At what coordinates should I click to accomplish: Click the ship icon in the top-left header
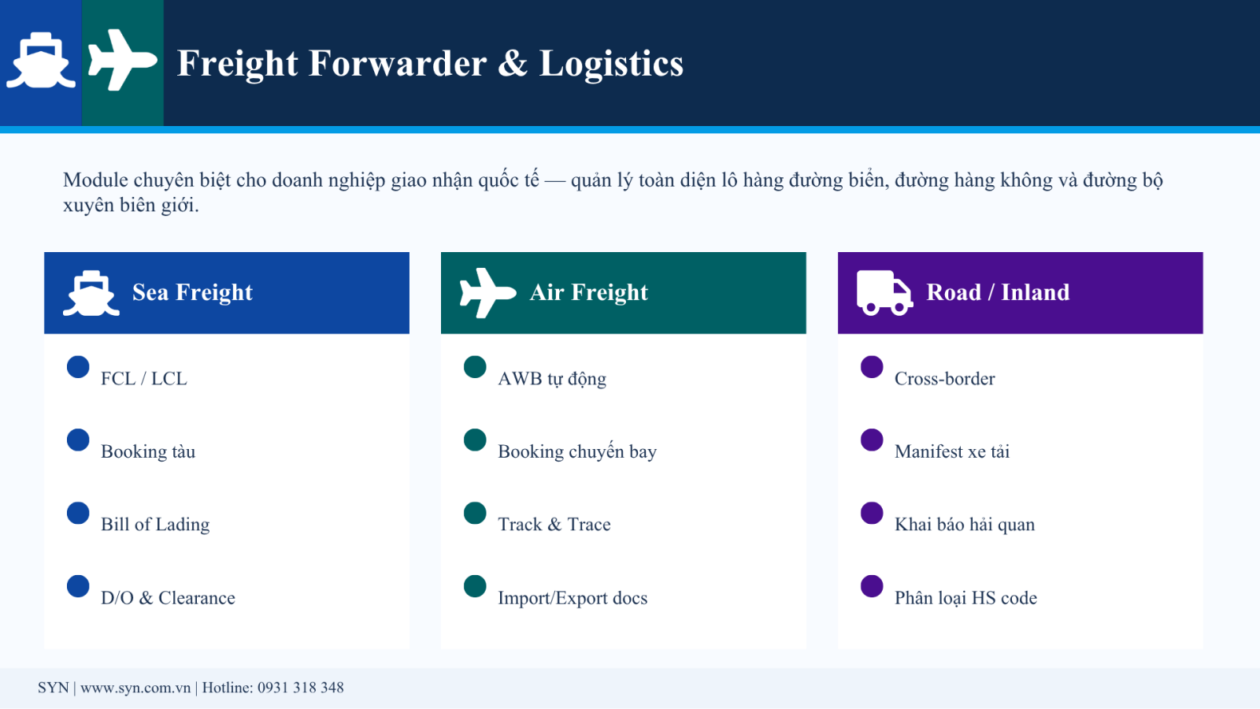(40, 61)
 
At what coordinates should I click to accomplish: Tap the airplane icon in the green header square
(123, 60)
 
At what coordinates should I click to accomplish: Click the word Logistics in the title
(611, 63)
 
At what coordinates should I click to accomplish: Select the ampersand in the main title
(513, 63)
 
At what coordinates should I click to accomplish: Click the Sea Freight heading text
(192, 292)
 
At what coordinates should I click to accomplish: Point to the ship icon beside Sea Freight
(91, 293)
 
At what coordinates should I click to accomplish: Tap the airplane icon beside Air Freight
(487, 292)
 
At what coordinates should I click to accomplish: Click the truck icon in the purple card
(885, 293)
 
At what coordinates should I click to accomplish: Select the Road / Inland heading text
(998, 292)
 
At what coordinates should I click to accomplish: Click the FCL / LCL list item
(143, 379)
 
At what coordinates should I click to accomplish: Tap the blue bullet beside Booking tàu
(78, 440)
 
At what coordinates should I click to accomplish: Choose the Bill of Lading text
(155, 525)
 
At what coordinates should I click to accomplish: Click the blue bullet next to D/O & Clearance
(78, 586)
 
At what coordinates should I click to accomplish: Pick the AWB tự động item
(552, 379)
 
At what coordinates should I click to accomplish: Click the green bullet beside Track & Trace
(476, 513)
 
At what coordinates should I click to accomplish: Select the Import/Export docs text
(573, 598)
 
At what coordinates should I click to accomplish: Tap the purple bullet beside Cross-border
(872, 367)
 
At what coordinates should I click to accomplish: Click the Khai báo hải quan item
(965, 525)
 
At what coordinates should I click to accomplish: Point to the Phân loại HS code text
(965, 598)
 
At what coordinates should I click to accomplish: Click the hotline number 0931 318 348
(300, 688)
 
